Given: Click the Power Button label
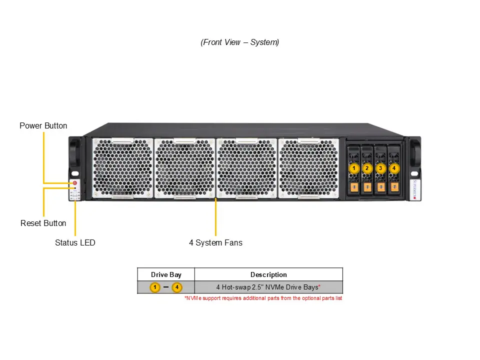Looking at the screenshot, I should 43,125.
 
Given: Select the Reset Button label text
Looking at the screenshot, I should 43,223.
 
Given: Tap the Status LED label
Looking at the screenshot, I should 75,242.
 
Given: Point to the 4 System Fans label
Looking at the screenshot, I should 215,242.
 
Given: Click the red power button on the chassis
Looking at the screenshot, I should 74,183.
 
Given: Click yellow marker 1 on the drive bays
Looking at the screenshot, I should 354,168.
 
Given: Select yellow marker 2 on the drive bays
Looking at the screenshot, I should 367,168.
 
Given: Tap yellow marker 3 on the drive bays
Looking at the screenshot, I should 380,168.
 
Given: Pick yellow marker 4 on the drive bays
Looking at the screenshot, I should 394,168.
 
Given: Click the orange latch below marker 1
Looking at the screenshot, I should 354,187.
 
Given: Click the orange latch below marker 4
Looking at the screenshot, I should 394,187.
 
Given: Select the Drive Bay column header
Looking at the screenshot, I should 166,274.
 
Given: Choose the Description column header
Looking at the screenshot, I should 268,274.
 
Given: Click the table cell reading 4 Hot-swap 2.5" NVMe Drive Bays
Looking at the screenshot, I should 268,287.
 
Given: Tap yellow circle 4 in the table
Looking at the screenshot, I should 176,287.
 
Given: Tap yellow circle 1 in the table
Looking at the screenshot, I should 155,287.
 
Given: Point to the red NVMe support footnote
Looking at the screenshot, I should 263,298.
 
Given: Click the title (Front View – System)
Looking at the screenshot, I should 240,42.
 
